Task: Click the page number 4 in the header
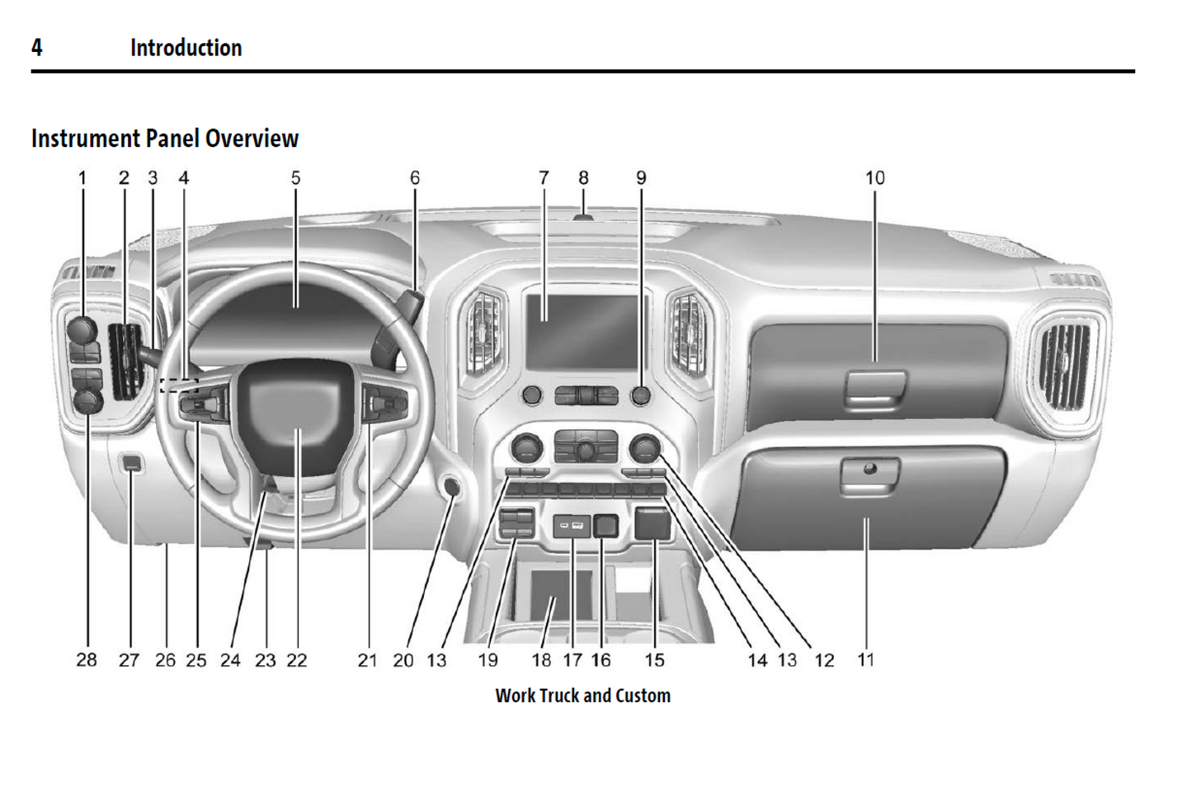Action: [x=36, y=48]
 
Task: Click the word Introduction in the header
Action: [x=186, y=48]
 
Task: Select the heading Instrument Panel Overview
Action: [x=165, y=139]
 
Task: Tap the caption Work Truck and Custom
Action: [x=582, y=696]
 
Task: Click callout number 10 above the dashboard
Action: [x=874, y=178]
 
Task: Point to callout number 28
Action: [x=87, y=660]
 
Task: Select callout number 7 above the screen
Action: [x=544, y=178]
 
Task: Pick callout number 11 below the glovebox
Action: [x=865, y=660]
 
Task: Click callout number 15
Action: [x=654, y=660]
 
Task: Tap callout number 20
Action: [x=403, y=660]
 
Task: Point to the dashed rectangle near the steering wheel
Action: [x=179, y=385]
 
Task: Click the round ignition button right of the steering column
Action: [x=452, y=486]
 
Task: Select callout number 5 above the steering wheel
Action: [x=295, y=178]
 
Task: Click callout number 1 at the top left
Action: [x=82, y=178]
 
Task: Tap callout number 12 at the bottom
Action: [x=824, y=660]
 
